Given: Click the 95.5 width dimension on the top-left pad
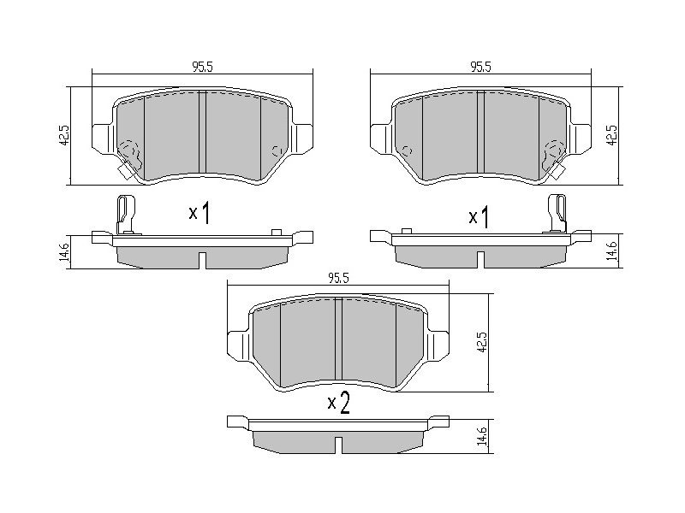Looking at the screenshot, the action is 202,67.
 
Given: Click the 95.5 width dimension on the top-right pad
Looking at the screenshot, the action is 480,67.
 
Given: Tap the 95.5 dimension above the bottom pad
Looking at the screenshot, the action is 338,279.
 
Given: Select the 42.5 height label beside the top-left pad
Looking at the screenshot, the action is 64,135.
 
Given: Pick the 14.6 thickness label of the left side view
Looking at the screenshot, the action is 64,252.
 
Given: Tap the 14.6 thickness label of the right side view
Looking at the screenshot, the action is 614,251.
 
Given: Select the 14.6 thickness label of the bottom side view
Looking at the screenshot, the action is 482,436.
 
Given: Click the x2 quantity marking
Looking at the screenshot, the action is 339,403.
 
